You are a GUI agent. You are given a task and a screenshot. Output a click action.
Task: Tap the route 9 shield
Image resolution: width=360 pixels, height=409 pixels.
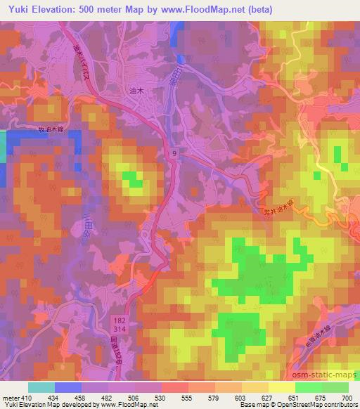click(x=172, y=152)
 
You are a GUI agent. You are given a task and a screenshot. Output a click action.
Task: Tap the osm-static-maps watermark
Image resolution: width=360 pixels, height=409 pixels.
click(x=326, y=377)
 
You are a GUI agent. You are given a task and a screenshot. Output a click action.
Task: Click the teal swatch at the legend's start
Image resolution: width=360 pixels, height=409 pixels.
click(x=41, y=387)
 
